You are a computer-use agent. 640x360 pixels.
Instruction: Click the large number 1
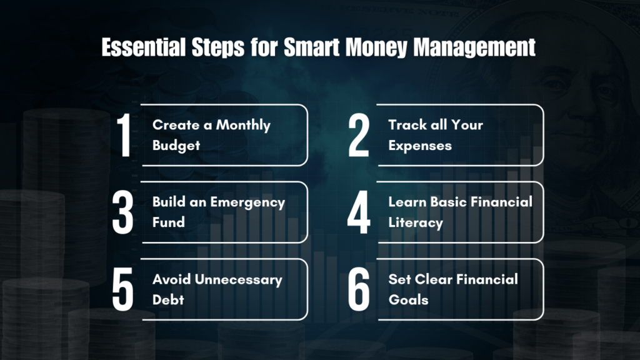pos(124,136)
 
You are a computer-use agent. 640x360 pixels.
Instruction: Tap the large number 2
pos(359,136)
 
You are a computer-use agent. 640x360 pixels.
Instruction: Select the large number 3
pos(124,213)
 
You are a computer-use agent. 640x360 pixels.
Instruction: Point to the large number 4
pos(359,213)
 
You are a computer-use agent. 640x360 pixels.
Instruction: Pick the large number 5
pos(124,290)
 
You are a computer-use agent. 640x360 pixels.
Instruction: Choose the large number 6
pos(359,290)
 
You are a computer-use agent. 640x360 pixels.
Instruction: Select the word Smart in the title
pos(311,48)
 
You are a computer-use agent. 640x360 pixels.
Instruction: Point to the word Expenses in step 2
pos(419,145)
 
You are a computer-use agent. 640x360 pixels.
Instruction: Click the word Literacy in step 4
pos(415,222)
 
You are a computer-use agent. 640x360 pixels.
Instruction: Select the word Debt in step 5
pos(168,299)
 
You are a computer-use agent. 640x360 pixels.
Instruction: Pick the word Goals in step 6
pos(408,299)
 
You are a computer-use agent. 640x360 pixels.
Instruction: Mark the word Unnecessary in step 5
pos(237,279)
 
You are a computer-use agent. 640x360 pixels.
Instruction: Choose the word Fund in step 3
pos(168,222)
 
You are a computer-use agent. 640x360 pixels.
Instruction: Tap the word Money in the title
pos(371,48)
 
